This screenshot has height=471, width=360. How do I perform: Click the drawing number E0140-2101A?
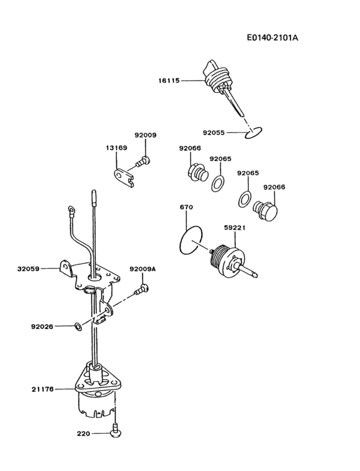pyautogui.click(x=272, y=37)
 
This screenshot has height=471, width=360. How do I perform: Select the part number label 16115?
pyautogui.click(x=169, y=80)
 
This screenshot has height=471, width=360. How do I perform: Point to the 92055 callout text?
pyautogui.click(x=214, y=133)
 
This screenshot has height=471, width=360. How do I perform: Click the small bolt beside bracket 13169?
pyautogui.click(x=145, y=161)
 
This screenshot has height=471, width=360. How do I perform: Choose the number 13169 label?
pyautogui.click(x=116, y=147)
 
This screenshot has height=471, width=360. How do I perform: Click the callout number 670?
pyautogui.click(x=186, y=207)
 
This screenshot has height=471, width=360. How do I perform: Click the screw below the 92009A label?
pyautogui.click(x=142, y=290)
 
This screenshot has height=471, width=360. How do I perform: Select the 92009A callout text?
pyautogui.click(x=142, y=269)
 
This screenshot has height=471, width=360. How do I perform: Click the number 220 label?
pyautogui.click(x=84, y=434)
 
